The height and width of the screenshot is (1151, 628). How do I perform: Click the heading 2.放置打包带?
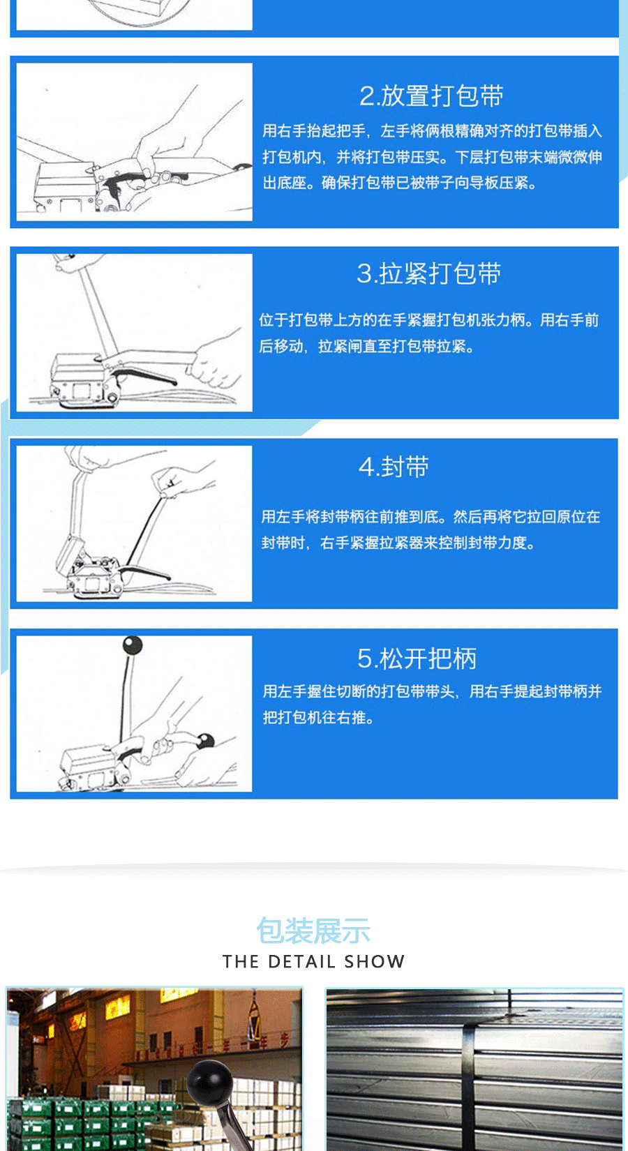(431, 96)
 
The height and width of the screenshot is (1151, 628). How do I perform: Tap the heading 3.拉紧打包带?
(428, 273)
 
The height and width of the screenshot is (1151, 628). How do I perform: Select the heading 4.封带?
(394, 466)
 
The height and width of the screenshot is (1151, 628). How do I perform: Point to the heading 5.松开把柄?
(417, 658)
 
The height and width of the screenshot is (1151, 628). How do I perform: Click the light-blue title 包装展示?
(313, 931)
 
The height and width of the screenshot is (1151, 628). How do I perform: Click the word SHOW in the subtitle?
(375, 961)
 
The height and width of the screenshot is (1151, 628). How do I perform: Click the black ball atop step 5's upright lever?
(132, 645)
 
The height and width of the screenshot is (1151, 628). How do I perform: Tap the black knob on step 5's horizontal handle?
(205, 741)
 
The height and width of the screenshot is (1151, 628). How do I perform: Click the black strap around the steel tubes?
(468, 1088)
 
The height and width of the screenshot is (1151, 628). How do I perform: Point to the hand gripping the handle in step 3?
(216, 363)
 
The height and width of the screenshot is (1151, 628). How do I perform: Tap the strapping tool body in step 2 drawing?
(66, 185)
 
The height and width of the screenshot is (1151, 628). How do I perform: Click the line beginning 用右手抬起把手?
(432, 130)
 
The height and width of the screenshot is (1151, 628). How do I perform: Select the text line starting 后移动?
(366, 346)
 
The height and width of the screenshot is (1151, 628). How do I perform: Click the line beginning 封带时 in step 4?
(398, 543)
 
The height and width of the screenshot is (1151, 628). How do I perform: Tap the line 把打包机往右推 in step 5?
(318, 717)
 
